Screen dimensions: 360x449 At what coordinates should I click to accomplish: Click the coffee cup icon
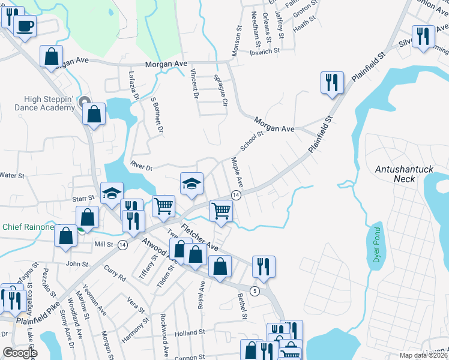[26, 26]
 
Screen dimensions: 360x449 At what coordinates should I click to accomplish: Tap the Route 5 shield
[255, 292]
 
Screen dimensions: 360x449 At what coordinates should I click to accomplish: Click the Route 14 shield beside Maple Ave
[236, 196]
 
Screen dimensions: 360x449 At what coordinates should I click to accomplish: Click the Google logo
[20, 353]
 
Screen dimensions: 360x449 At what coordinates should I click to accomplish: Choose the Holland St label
[190, 332]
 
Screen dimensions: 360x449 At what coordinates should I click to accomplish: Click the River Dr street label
[141, 163]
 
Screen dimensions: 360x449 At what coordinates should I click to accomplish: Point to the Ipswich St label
[265, 51]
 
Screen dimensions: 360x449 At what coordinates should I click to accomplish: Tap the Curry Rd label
[114, 274]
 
